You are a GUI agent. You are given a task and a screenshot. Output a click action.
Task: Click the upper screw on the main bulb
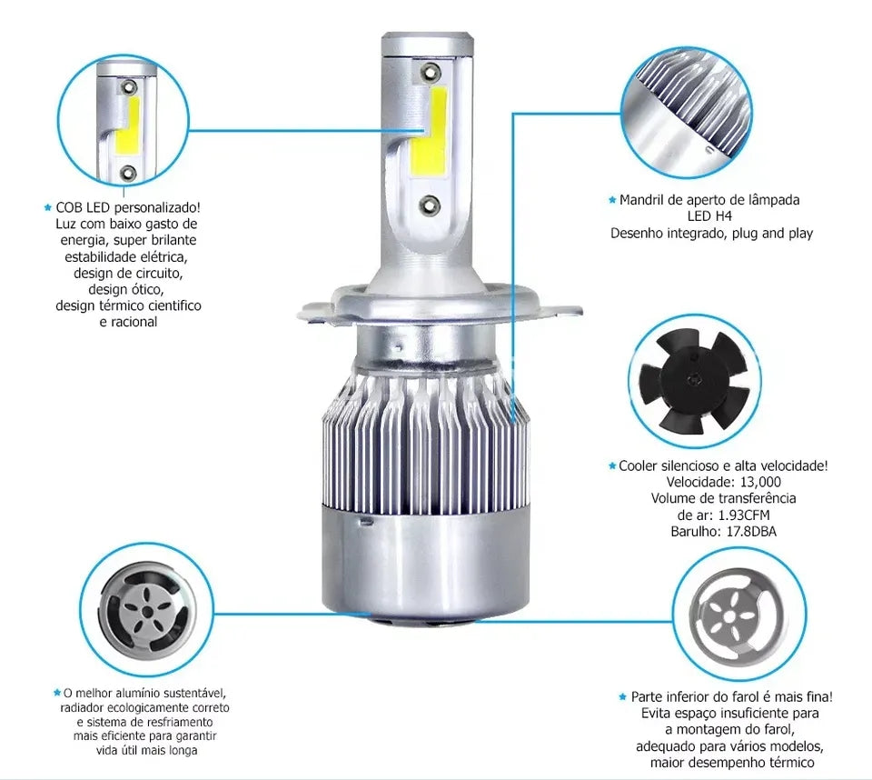(x=431, y=72)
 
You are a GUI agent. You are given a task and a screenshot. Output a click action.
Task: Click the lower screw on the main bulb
(x=429, y=205)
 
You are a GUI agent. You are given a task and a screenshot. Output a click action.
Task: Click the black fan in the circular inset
(x=694, y=383)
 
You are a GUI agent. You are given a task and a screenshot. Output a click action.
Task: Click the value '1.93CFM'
(x=744, y=515)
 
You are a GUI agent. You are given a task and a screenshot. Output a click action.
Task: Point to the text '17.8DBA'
(x=751, y=531)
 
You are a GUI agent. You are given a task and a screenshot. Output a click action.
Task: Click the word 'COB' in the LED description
(x=69, y=207)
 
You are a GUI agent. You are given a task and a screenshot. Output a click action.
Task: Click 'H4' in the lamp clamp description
(x=724, y=216)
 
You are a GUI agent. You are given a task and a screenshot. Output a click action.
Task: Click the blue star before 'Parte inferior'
(x=623, y=696)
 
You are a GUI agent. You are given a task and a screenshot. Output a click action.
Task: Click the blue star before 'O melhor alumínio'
(x=56, y=693)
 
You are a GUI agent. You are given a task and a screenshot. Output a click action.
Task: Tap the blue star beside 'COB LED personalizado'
(x=48, y=207)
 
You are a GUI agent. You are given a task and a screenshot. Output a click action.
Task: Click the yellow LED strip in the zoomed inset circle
(x=128, y=125)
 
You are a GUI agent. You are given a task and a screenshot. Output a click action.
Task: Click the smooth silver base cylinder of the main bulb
(x=425, y=563)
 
